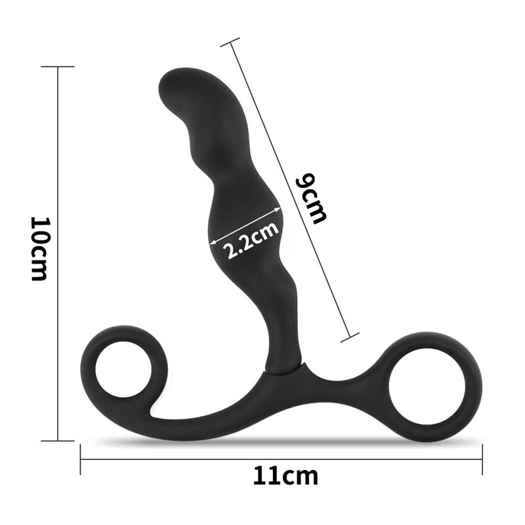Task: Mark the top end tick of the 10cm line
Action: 58,67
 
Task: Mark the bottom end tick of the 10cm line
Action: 58,440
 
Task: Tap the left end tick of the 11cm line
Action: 81,459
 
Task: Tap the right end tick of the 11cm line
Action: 482,459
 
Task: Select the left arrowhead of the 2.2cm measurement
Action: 211,245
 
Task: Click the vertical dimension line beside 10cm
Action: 58,164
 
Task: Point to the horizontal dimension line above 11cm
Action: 197,459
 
